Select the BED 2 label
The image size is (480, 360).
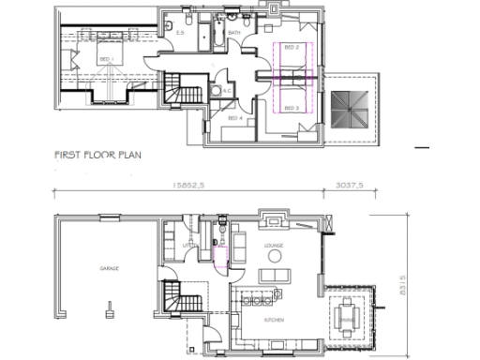[292, 47]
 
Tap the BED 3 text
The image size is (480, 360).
[292, 108]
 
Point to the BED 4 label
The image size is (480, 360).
[235, 118]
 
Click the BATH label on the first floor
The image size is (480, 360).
[234, 33]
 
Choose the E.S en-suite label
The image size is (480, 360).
[180, 33]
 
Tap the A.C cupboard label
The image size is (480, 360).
[226, 90]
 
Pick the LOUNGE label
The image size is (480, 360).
[274, 246]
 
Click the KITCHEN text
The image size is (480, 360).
[274, 322]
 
